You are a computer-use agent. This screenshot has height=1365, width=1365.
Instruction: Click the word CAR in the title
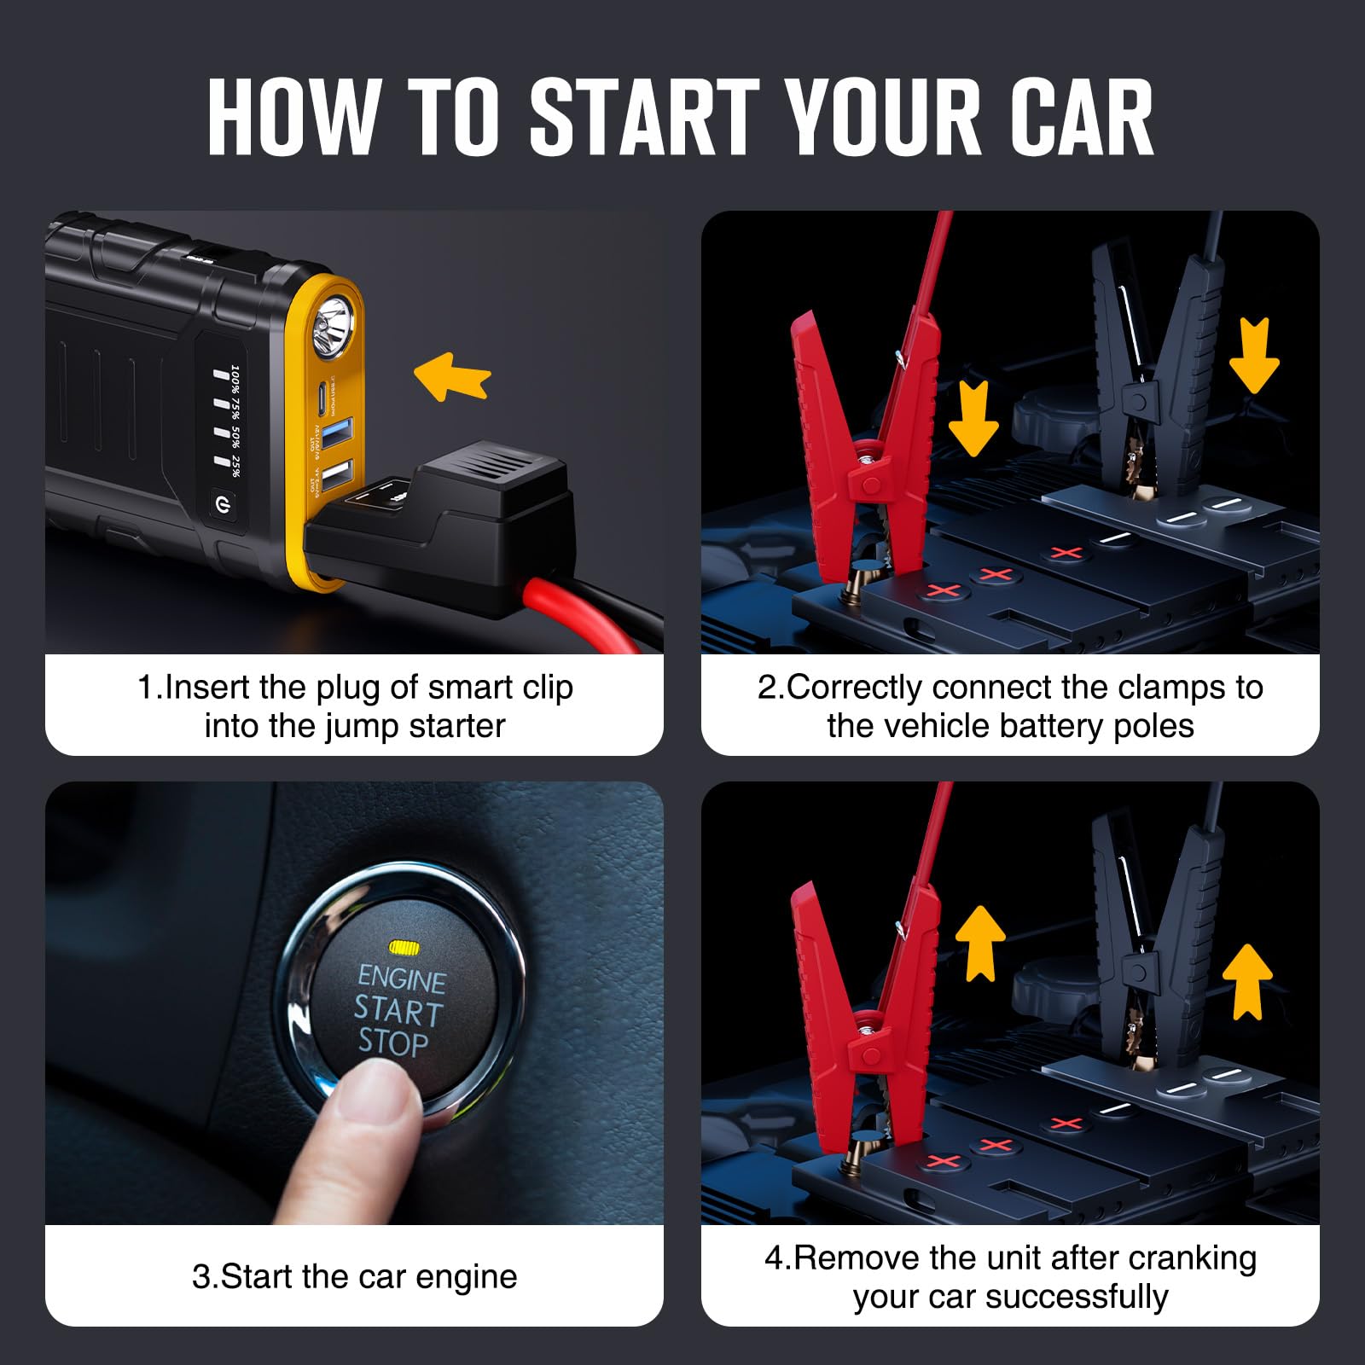tap(1081, 117)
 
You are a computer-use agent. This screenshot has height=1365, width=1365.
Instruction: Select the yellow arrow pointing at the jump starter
tap(452, 376)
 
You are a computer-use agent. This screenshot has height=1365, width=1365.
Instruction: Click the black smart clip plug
tap(461, 520)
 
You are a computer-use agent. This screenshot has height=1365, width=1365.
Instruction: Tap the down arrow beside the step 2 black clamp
tap(1254, 354)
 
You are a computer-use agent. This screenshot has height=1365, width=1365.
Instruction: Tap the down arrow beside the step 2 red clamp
tap(973, 418)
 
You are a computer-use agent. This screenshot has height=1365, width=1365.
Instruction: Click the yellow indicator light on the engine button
tap(404, 947)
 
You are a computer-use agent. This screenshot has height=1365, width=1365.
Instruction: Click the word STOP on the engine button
tap(393, 1043)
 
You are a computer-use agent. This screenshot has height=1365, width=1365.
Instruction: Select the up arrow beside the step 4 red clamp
tap(980, 943)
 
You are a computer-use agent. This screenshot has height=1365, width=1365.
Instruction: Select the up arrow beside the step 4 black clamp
tap(1247, 981)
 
